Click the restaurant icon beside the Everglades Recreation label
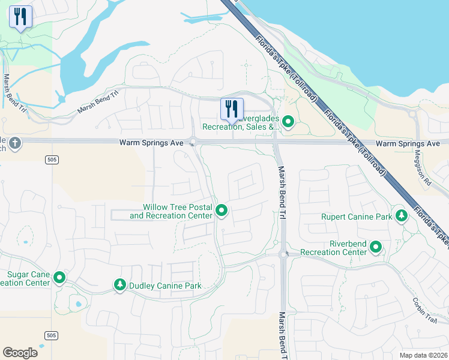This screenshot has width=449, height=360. pyautogui.click(x=232, y=109)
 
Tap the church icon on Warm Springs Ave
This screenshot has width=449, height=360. pyautogui.click(x=14, y=143)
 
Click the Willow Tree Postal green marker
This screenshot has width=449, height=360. pyautogui.click(x=221, y=211)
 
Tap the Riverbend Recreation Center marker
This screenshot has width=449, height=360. pyautogui.click(x=376, y=247)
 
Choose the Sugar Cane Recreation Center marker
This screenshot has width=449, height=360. pyautogui.click(x=59, y=278)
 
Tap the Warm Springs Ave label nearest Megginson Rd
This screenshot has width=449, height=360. pyautogui.click(x=408, y=144)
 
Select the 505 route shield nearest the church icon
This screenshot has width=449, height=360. pyautogui.click(x=51, y=158)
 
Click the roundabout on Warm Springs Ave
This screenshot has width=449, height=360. pyautogui.click(x=193, y=143)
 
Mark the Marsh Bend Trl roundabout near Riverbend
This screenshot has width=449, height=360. pyautogui.click(x=283, y=254)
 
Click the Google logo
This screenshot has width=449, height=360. pyautogui.click(x=20, y=353)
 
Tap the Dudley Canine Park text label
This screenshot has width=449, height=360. pyautogui.click(x=165, y=286)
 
